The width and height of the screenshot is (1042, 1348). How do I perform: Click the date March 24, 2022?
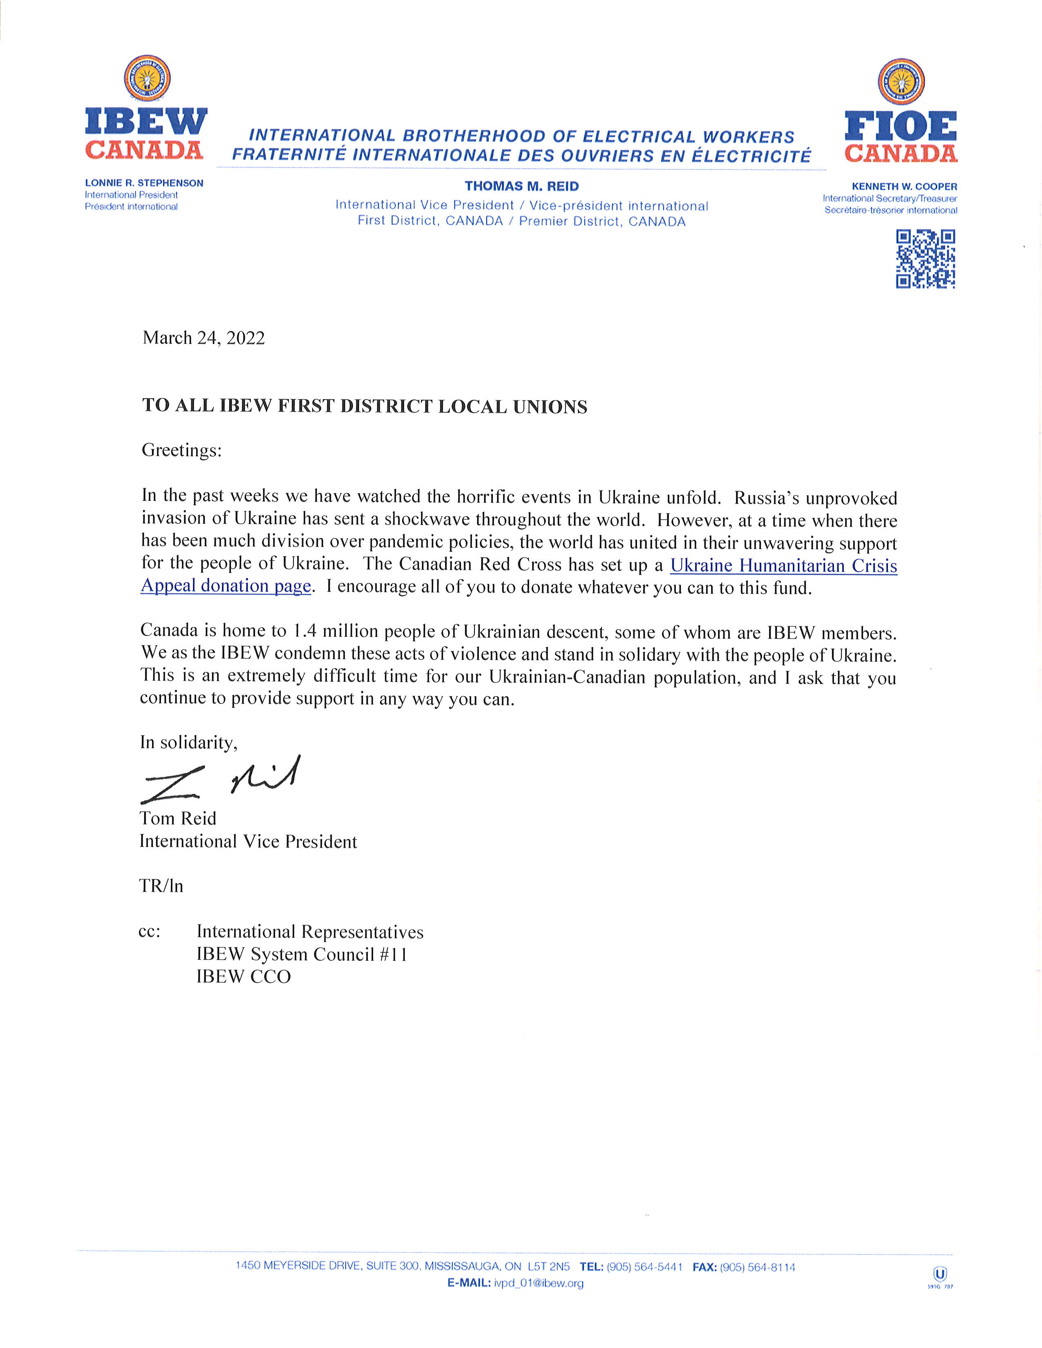point(204,338)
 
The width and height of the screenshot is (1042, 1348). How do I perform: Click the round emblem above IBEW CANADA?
point(147,78)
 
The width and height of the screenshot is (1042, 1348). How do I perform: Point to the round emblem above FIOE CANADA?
point(901,81)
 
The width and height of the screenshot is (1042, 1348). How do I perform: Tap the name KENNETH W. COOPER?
point(904,186)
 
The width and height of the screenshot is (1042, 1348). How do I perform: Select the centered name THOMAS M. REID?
point(522,186)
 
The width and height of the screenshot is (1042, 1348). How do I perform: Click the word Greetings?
point(181,450)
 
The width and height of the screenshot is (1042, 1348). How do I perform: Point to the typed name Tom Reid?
point(178,819)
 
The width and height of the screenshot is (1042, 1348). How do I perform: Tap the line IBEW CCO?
point(243,976)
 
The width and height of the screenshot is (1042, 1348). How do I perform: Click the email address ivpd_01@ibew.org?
point(538,1283)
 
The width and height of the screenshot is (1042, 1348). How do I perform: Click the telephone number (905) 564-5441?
point(644,1267)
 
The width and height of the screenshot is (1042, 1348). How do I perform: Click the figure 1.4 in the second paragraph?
point(305,632)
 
